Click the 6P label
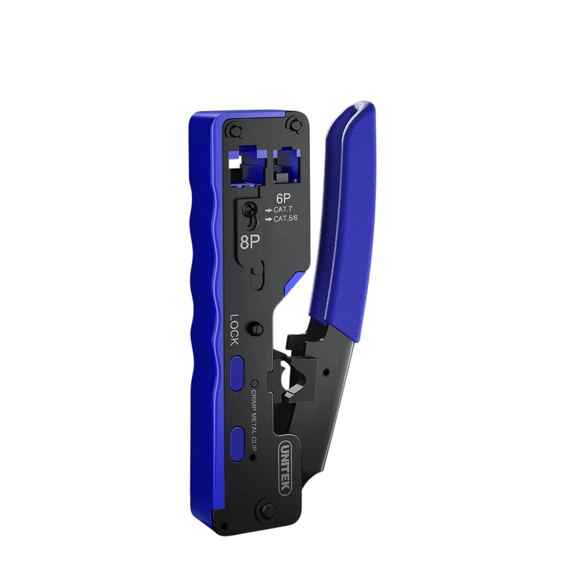click(283, 199)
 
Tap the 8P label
click(250, 242)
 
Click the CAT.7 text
click(282, 210)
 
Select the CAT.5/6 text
click(286, 219)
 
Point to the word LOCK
click(234, 330)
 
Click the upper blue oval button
click(237, 373)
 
